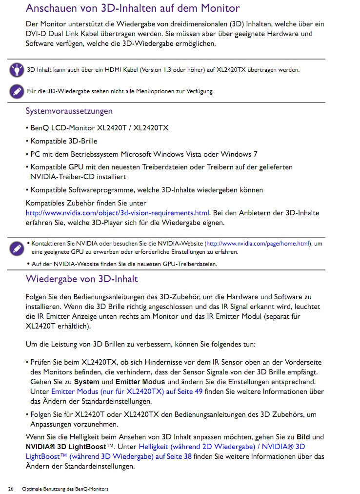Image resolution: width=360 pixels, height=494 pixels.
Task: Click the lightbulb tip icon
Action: click(x=17, y=70)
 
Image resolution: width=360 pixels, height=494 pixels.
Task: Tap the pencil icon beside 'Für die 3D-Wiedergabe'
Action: click(x=17, y=91)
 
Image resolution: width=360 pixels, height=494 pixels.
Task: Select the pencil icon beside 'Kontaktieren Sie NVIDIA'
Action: click(x=17, y=248)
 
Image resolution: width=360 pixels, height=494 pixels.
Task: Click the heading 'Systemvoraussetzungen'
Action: click(x=69, y=111)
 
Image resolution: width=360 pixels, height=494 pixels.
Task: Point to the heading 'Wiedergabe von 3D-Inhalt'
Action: click(x=81, y=279)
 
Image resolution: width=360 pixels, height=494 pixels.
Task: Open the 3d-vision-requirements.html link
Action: click(x=118, y=213)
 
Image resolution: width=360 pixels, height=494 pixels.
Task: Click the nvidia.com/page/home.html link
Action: click(x=258, y=243)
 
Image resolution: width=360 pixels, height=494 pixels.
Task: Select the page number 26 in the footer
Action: click(x=11, y=489)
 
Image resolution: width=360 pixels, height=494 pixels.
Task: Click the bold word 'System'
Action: click(x=86, y=382)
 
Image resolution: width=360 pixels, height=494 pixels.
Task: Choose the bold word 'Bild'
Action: click(x=303, y=437)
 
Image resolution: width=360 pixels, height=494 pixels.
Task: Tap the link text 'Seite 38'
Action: click(x=178, y=456)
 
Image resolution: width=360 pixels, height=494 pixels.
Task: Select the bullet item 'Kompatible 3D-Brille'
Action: click(x=64, y=141)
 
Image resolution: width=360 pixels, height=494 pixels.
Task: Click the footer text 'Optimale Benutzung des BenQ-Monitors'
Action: click(x=65, y=489)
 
